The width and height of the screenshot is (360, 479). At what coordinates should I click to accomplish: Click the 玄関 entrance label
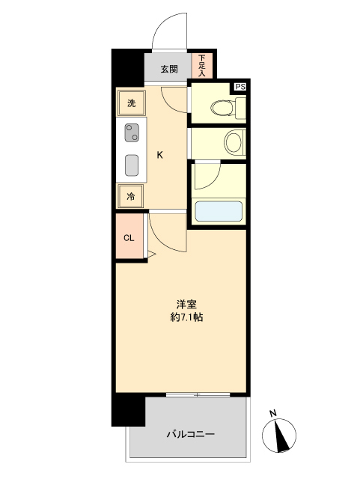[169, 69]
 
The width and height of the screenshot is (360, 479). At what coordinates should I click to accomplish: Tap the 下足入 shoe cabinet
[202, 65]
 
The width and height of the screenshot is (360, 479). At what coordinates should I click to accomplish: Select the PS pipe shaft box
[240, 87]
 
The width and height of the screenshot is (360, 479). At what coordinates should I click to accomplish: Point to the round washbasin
[235, 141]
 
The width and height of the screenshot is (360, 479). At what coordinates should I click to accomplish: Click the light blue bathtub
[219, 211]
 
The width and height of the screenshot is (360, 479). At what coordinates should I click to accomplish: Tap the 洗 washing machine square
[131, 103]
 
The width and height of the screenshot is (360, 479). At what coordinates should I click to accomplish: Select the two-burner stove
[132, 133]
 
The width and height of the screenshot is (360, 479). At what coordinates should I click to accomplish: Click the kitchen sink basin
[132, 165]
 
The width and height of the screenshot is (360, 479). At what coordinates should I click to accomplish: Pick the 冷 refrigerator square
[130, 196]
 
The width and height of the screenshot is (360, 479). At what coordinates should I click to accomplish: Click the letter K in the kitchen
[160, 155]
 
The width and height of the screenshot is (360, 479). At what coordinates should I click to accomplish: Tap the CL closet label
[129, 238]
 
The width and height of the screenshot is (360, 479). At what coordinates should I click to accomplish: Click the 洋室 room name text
[186, 305]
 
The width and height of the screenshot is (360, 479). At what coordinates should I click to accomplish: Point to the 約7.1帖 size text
[186, 317]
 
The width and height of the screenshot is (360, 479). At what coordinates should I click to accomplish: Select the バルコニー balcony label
[191, 434]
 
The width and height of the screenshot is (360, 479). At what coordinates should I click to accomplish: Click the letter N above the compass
[273, 414]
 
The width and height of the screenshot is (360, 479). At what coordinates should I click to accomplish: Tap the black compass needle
[282, 436]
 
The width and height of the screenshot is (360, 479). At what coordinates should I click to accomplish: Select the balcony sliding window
[198, 394]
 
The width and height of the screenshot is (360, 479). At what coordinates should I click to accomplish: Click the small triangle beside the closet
[151, 254]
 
